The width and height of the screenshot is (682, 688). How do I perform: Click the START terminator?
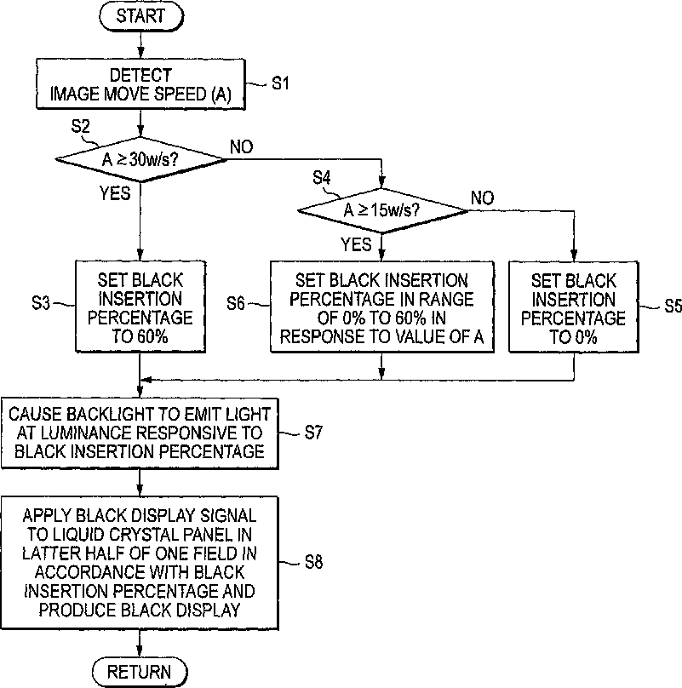140,16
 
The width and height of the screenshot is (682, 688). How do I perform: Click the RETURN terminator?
140,671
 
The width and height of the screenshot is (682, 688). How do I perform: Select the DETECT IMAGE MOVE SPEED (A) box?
140,84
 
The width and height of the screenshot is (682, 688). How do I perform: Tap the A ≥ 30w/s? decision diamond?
140,159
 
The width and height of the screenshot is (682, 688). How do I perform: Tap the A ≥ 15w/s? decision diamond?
382,210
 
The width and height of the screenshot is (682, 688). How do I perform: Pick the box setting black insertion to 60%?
140,307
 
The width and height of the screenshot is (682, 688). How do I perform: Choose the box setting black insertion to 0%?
574,307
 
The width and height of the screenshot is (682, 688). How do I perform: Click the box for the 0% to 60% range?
381,307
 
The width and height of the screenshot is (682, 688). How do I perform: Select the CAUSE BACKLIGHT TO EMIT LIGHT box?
140,433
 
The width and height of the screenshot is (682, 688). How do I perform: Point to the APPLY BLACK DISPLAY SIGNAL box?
140,564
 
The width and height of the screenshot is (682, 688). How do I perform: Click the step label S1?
280,83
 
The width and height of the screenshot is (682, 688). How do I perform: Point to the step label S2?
80,126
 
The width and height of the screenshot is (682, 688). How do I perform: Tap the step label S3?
41,303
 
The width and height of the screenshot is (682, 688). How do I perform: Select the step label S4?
322,178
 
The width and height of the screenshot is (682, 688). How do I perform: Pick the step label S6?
236,303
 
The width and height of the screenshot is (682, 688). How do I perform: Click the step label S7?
313,433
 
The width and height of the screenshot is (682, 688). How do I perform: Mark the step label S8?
314,562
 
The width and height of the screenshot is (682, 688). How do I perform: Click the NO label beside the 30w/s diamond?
241,147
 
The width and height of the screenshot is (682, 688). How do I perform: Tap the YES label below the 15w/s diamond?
356,244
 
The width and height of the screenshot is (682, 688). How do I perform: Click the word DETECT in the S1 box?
140,75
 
